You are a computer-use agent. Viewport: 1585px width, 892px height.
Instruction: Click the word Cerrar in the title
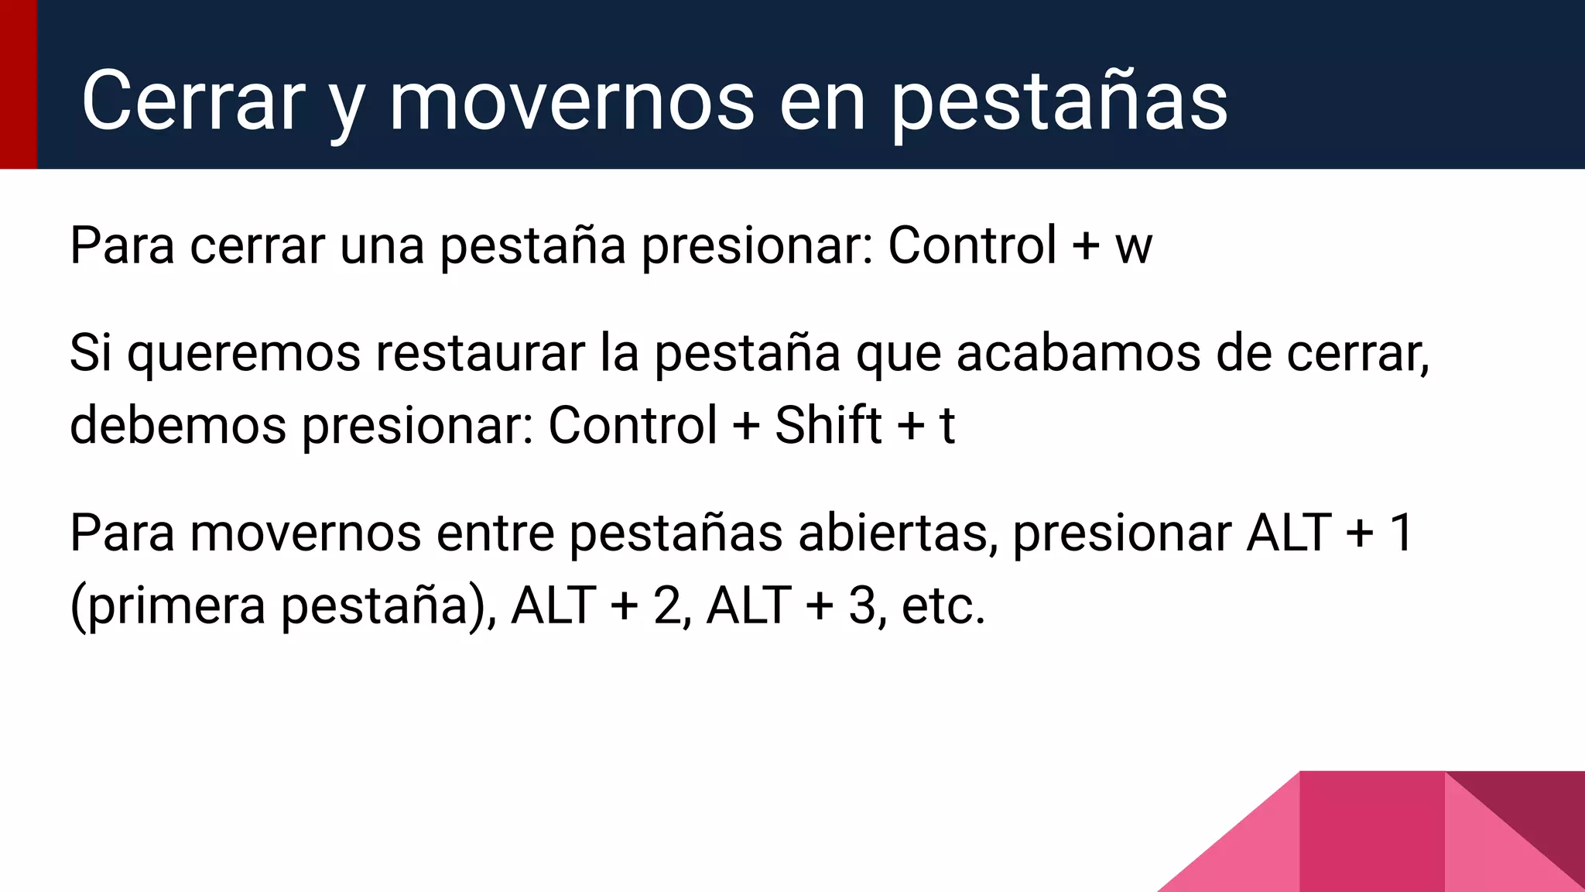point(193,101)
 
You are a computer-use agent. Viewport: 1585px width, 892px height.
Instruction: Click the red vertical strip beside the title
point(18,84)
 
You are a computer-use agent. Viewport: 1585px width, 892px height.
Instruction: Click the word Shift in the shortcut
point(827,425)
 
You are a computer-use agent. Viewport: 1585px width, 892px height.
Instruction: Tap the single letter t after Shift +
point(947,426)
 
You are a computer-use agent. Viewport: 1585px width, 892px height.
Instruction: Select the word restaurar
point(480,353)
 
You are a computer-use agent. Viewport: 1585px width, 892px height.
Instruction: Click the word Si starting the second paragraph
point(90,353)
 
